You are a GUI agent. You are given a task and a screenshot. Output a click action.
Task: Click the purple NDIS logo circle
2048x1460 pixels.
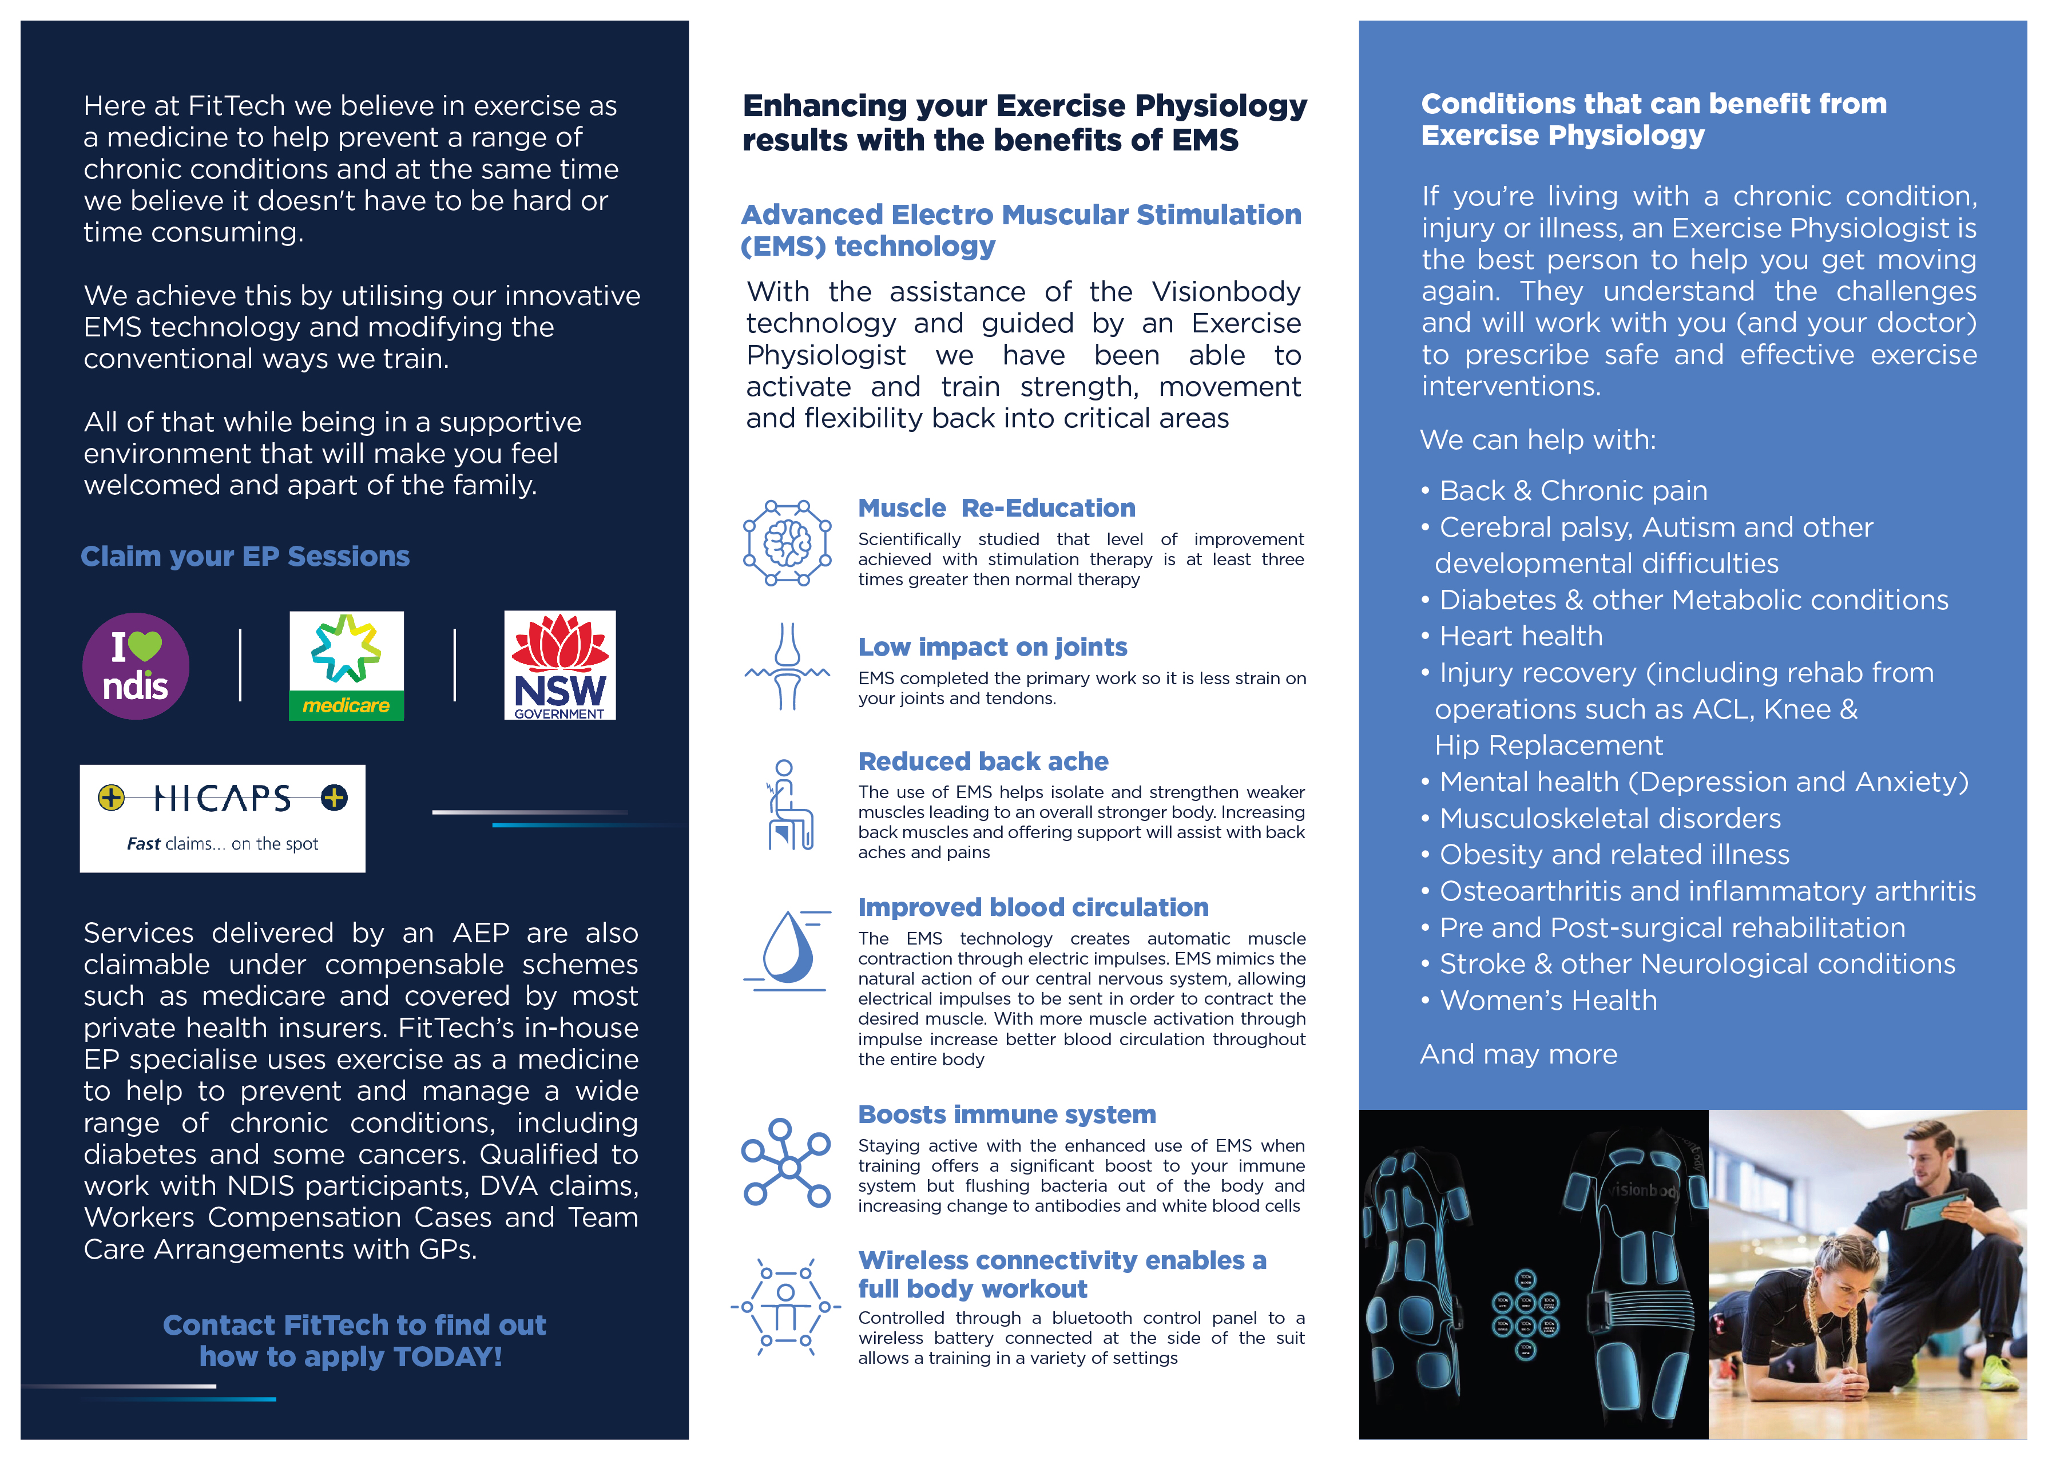click(136, 666)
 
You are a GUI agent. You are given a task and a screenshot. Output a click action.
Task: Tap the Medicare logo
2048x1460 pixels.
click(346, 666)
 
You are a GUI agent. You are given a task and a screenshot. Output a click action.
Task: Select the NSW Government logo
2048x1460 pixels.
click(559, 665)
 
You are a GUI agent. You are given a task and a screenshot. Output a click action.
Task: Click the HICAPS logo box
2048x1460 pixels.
click(222, 818)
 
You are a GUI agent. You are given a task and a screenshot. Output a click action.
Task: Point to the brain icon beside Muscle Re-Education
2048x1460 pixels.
click(787, 543)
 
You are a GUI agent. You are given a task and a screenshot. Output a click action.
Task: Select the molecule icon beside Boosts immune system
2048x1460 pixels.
click(786, 1163)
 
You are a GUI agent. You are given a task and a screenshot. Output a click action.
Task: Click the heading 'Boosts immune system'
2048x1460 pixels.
click(1006, 1115)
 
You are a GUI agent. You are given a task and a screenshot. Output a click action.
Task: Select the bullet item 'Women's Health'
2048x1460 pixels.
click(1547, 1001)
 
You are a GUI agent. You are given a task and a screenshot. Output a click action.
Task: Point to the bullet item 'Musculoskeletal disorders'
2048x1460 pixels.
click(1609, 818)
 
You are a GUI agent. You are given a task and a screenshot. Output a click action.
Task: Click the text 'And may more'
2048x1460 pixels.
click(1518, 1054)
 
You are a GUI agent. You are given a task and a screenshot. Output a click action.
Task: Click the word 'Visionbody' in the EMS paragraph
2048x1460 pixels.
click(1225, 292)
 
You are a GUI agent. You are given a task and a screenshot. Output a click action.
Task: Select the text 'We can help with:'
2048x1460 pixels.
click(1537, 439)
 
